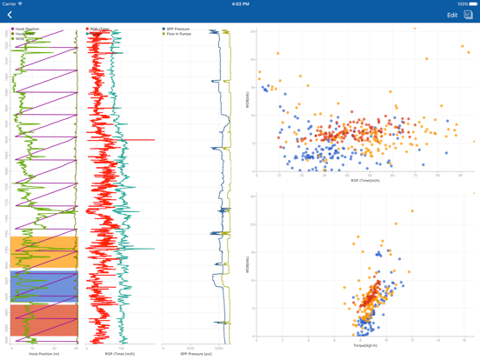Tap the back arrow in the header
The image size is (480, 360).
pyautogui.click(x=10, y=15)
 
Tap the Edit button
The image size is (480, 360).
pyautogui.click(x=452, y=15)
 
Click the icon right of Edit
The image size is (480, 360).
pyautogui.click(x=468, y=15)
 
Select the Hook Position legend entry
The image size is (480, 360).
pyautogui.click(x=26, y=29)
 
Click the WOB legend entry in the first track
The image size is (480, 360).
pyautogui.click(x=20, y=39)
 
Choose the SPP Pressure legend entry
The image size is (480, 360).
pyautogui.click(x=179, y=29)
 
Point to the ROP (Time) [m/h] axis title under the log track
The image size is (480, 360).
pyautogui.click(x=119, y=354)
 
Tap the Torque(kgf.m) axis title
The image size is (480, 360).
pyautogui.click(x=365, y=344)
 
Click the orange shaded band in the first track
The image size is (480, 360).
pyautogui.click(x=43, y=252)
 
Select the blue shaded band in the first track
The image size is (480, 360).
pyautogui.click(x=43, y=286)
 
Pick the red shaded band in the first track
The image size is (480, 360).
pyautogui.click(x=43, y=320)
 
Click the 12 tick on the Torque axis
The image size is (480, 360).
pyautogui.click(x=412, y=340)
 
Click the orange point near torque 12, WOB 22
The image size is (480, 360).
pyautogui.click(x=412, y=210)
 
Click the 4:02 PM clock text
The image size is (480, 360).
pyautogui.click(x=240, y=3)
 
